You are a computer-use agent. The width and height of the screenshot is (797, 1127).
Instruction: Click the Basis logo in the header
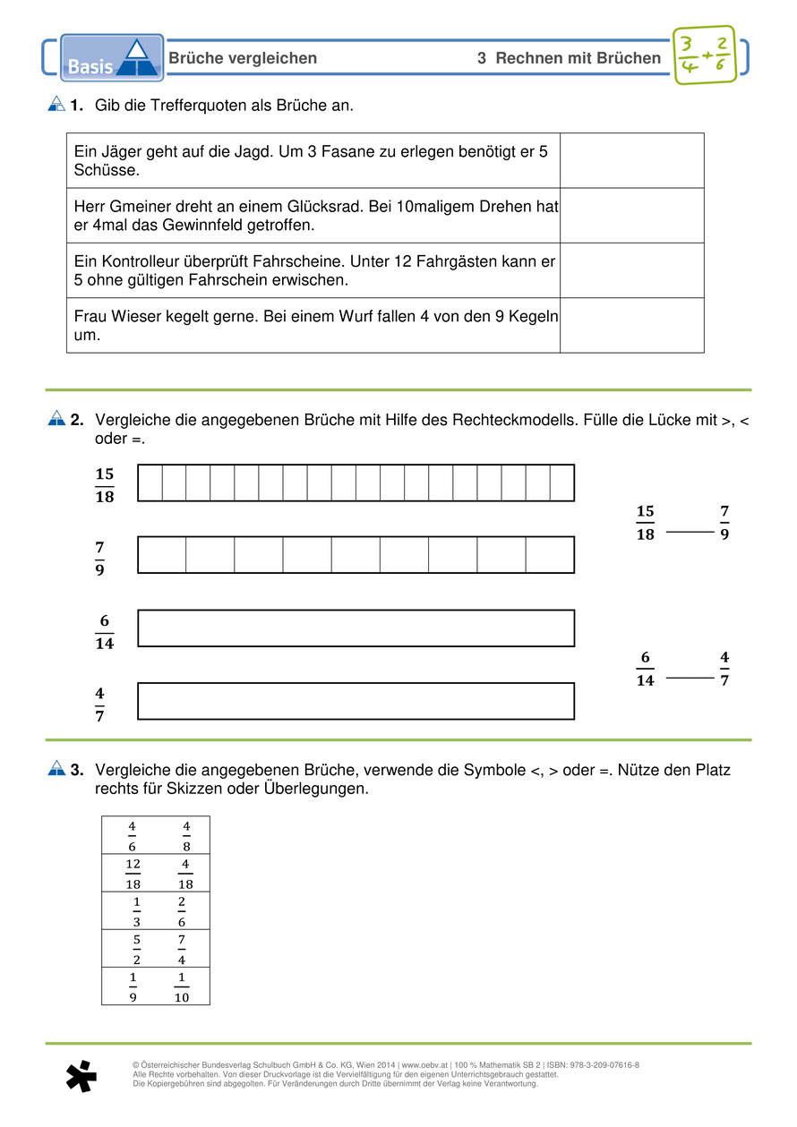(x=112, y=58)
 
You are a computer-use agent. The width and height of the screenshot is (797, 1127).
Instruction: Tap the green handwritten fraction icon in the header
(x=703, y=55)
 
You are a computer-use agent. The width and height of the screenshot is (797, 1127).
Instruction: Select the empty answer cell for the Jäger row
(x=631, y=160)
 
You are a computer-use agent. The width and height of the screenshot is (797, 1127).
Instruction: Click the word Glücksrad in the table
(x=324, y=207)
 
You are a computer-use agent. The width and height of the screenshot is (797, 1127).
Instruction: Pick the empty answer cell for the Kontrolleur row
(x=631, y=270)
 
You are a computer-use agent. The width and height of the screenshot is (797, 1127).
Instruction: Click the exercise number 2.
(x=77, y=419)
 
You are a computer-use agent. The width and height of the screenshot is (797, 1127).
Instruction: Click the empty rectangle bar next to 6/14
(x=356, y=628)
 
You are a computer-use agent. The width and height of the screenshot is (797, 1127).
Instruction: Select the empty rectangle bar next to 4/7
(x=356, y=701)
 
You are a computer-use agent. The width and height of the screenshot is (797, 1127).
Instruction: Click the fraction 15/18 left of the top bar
(x=105, y=484)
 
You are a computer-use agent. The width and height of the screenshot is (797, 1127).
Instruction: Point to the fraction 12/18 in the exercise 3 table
(x=133, y=873)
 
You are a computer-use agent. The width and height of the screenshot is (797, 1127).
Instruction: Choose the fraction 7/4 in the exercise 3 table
(x=182, y=948)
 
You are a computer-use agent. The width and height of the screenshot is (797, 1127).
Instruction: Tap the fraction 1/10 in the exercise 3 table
(x=182, y=986)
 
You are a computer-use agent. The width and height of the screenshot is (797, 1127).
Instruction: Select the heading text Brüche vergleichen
(x=243, y=58)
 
